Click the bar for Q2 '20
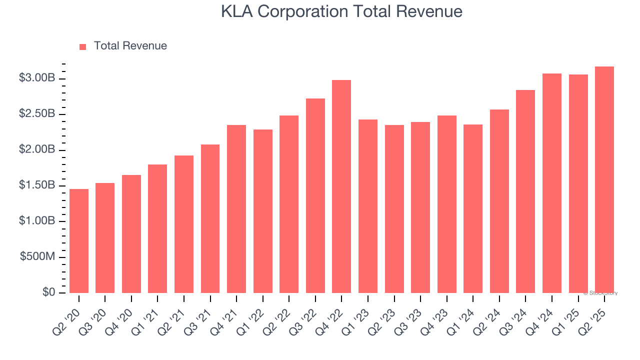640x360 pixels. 79,241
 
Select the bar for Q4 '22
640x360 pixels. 341,186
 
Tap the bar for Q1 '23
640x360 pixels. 368,206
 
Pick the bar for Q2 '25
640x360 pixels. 604,179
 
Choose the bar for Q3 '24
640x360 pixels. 525,191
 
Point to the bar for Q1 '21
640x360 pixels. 157,228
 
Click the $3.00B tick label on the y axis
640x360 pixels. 37,78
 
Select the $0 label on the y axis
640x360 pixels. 48,292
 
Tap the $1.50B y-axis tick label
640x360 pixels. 37,185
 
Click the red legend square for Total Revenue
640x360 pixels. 83,46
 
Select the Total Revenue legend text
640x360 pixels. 130,46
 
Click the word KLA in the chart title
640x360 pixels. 237,11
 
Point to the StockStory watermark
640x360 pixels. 600,293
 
